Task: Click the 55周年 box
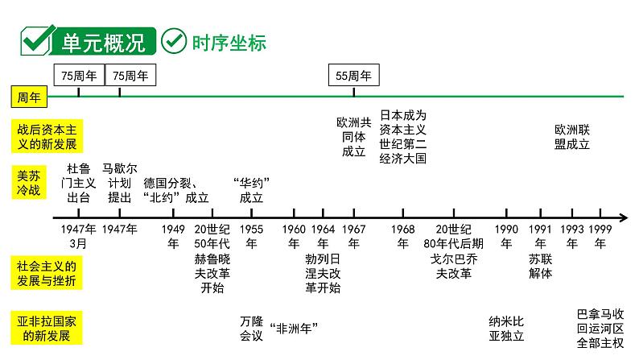tap(354, 76)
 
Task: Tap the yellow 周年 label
tap(29, 97)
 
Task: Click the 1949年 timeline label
tap(173, 235)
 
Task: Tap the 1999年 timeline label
tap(600, 235)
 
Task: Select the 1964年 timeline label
tap(323, 235)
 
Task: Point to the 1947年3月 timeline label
tap(79, 235)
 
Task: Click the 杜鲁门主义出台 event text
tap(79, 183)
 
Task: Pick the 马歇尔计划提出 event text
tap(120, 183)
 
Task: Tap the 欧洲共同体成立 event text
tap(354, 136)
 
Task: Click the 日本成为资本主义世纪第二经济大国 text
tap(402, 136)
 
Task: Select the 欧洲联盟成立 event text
tap(572, 136)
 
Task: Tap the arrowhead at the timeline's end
tap(624, 217)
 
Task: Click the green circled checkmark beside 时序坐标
tap(174, 40)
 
